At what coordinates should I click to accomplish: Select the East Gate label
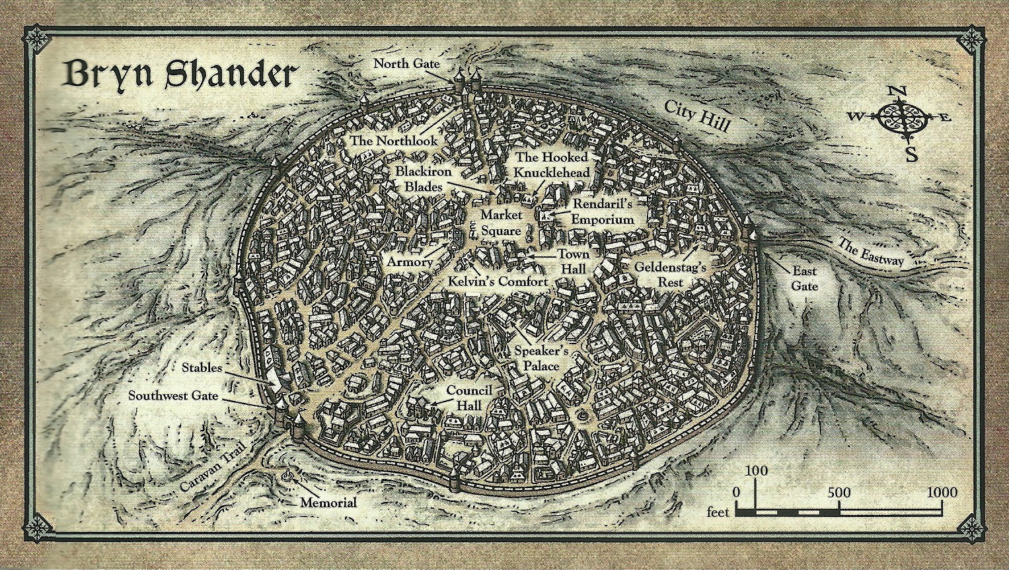[804, 278]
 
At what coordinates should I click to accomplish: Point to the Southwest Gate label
[182, 396]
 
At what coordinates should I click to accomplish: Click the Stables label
[202, 367]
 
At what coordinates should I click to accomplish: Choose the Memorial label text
[328, 503]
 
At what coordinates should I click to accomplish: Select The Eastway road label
[870, 251]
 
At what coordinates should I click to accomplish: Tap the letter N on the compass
[895, 91]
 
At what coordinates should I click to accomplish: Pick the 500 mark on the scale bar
[839, 493]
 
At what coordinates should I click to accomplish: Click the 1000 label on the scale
[941, 493]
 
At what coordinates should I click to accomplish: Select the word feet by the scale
[718, 512]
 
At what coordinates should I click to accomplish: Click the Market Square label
[501, 223]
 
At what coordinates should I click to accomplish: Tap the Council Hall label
[469, 397]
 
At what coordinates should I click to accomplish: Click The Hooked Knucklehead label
[552, 165]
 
